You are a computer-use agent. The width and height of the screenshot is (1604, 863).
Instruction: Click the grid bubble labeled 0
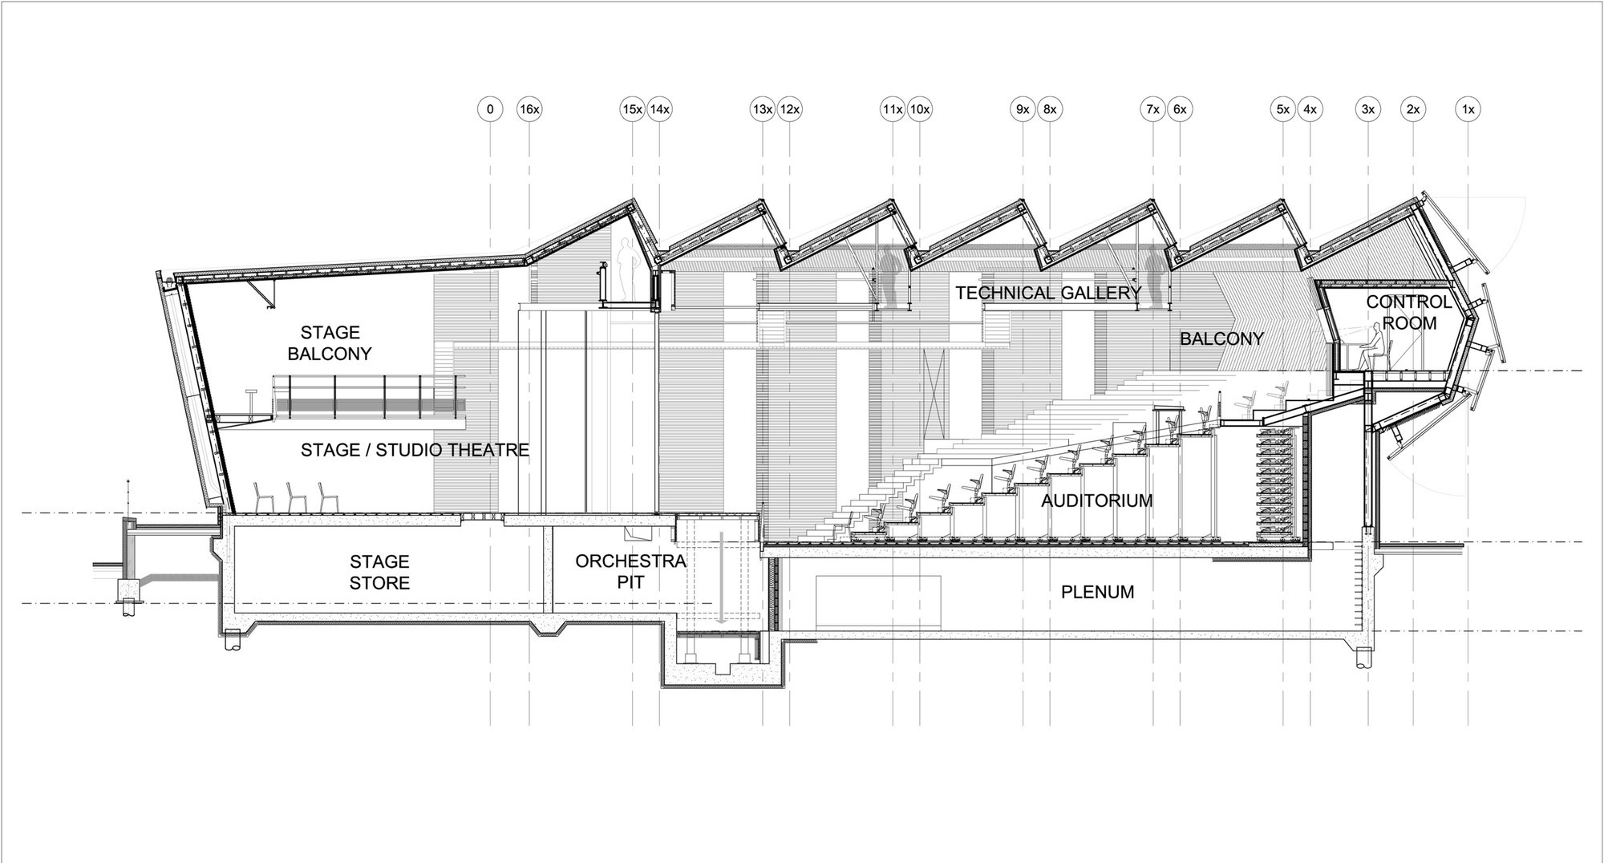tap(490, 109)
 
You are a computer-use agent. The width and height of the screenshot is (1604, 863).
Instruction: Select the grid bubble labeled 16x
tap(529, 109)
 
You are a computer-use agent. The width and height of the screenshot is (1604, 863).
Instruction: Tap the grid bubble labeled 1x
tap(1468, 109)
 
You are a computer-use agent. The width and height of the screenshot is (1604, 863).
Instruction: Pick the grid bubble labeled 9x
tap(1023, 109)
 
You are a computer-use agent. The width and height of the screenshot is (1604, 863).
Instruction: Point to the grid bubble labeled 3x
tap(1368, 109)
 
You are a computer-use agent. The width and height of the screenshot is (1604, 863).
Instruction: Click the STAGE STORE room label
tap(379, 572)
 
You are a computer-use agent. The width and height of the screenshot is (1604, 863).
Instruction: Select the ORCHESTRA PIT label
tap(631, 572)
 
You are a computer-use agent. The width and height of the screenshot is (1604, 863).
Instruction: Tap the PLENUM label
tap(1097, 593)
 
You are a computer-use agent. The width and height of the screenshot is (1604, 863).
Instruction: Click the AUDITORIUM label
tap(1096, 501)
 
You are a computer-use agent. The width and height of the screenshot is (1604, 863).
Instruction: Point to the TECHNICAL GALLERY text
tap(1048, 294)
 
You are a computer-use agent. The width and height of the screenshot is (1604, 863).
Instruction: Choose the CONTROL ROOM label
tap(1409, 313)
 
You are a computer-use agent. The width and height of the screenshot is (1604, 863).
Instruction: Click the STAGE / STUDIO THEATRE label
tap(415, 451)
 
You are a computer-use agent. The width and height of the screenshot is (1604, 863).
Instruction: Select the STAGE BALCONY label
tap(330, 342)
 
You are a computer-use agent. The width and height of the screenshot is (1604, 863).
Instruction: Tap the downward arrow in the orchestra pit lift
tap(721, 576)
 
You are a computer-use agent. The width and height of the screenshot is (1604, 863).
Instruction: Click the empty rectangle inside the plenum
tap(879, 604)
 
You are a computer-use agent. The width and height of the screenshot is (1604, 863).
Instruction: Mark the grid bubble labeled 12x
tap(790, 109)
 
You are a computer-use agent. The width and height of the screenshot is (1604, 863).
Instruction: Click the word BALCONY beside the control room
tap(1221, 339)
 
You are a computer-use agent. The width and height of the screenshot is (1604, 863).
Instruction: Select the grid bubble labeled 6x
tap(1180, 109)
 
